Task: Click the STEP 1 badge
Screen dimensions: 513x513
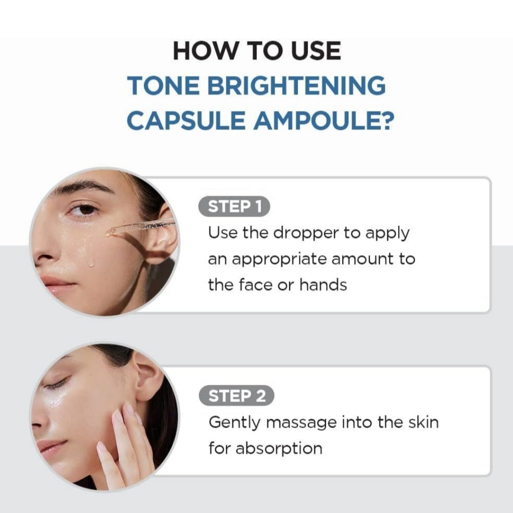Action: point(234,207)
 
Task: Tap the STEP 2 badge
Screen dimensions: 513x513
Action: point(237,396)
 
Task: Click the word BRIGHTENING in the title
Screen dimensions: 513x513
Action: point(296,85)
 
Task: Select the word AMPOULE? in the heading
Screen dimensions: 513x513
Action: point(324,120)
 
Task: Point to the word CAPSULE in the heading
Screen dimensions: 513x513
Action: point(186,120)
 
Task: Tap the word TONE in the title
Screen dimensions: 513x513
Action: point(163,85)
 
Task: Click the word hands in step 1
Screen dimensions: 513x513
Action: point(323,285)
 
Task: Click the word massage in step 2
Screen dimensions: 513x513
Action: point(301,423)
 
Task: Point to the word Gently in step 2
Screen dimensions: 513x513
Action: point(235,423)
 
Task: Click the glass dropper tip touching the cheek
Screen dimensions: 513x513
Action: point(110,233)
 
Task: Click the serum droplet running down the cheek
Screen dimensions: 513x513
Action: point(91,263)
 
